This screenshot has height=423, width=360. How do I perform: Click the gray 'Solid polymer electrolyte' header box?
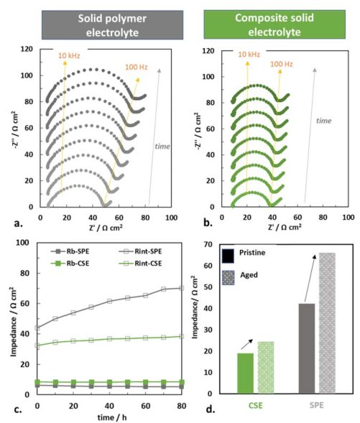click(x=112, y=25)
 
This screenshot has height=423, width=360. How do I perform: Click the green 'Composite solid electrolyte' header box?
click(x=274, y=24)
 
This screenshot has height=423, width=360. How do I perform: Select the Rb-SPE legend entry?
click(x=70, y=251)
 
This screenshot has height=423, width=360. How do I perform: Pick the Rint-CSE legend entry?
click(x=140, y=264)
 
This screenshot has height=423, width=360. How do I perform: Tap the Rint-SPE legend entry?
click(x=140, y=251)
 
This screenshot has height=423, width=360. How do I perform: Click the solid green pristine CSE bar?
click(x=245, y=373)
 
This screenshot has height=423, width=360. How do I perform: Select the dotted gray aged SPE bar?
click(x=327, y=323)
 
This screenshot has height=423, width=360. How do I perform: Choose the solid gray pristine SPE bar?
click(x=307, y=348)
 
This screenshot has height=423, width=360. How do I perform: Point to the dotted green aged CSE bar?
click(x=266, y=368)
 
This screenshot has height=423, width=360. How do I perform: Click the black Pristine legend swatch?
click(x=228, y=256)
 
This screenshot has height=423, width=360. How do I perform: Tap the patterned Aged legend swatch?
click(x=228, y=278)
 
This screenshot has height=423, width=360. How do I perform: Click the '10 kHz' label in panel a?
click(x=69, y=56)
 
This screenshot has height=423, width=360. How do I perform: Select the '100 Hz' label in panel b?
click(x=282, y=64)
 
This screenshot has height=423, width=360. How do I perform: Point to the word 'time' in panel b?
click(x=323, y=121)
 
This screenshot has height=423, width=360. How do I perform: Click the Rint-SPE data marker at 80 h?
click(x=181, y=288)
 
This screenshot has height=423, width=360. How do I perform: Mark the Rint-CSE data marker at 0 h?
click(x=37, y=345)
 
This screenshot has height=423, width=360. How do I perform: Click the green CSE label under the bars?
click(x=255, y=406)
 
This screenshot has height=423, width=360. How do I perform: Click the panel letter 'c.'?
click(x=18, y=410)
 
